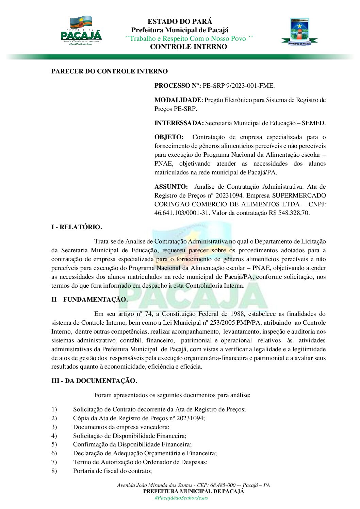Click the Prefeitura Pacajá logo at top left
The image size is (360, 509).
click(81, 31)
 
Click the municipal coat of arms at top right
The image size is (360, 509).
click(299, 32)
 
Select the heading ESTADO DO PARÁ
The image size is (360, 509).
click(180, 21)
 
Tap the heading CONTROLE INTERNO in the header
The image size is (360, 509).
click(189, 47)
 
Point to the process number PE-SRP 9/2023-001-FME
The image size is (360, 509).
click(239, 86)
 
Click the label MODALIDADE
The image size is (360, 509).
click(178, 100)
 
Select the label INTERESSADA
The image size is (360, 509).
click(179, 123)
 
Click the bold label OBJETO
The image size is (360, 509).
click(169, 137)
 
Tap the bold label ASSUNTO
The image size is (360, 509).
click(171, 187)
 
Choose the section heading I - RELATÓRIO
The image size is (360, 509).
click(77, 227)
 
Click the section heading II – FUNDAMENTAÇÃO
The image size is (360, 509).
click(89, 300)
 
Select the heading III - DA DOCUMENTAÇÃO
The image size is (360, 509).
click(94, 381)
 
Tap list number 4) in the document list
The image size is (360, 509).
click(54, 436)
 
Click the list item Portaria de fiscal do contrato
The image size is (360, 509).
click(112, 471)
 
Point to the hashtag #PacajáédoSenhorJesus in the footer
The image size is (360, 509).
click(181, 498)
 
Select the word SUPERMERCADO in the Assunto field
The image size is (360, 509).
click(299, 196)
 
